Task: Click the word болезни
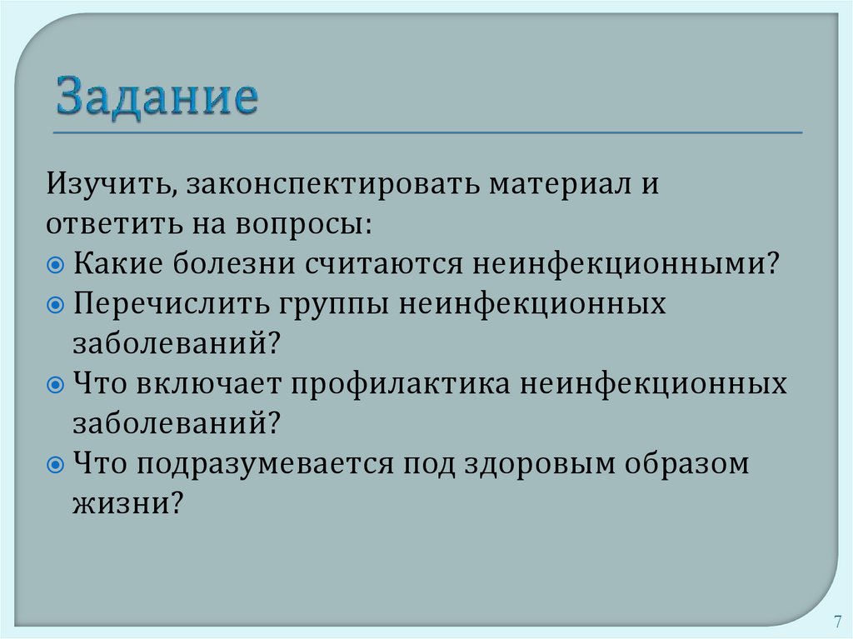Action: click(232, 264)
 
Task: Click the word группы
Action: click(327, 305)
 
